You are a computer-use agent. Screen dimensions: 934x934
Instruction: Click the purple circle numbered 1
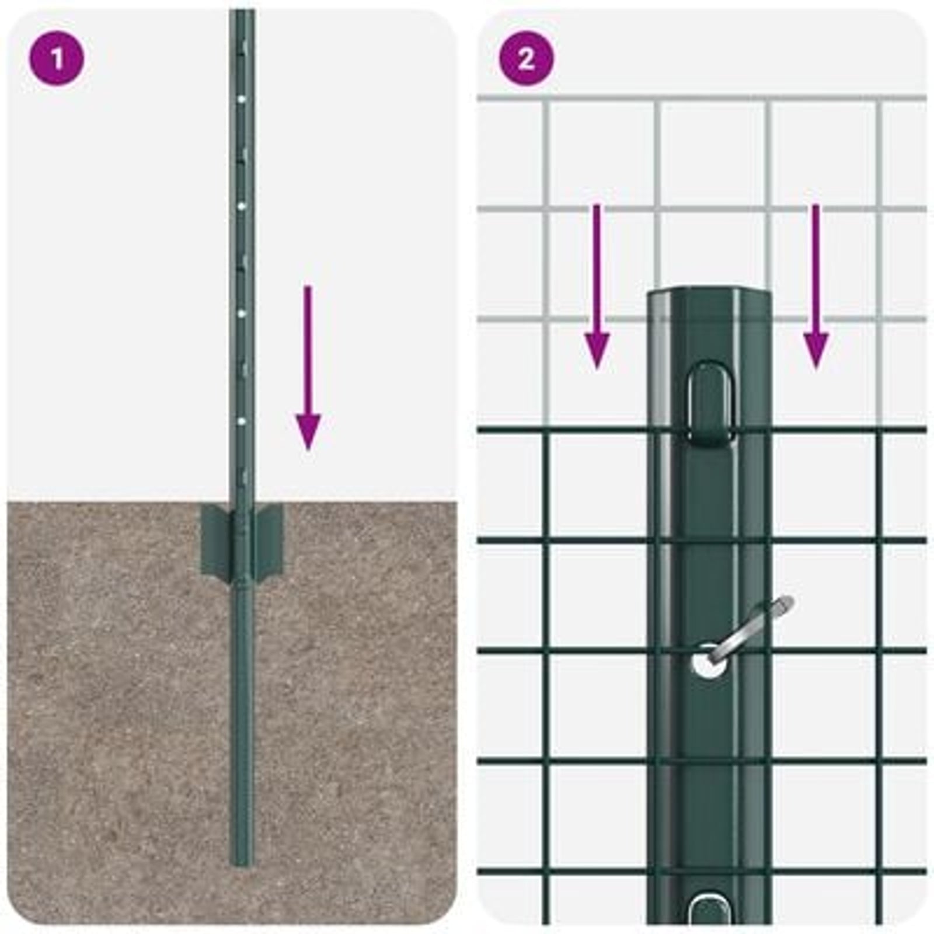tap(57, 58)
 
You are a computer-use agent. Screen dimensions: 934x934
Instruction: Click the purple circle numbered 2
tap(526, 58)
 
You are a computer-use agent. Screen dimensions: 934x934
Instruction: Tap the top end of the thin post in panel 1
tap(242, 15)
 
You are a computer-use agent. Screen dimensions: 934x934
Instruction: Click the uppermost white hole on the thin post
tap(241, 99)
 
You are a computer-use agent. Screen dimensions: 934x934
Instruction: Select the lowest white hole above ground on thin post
tap(241, 420)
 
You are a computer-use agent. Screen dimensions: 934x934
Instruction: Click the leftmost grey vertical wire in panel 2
tap(546, 263)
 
